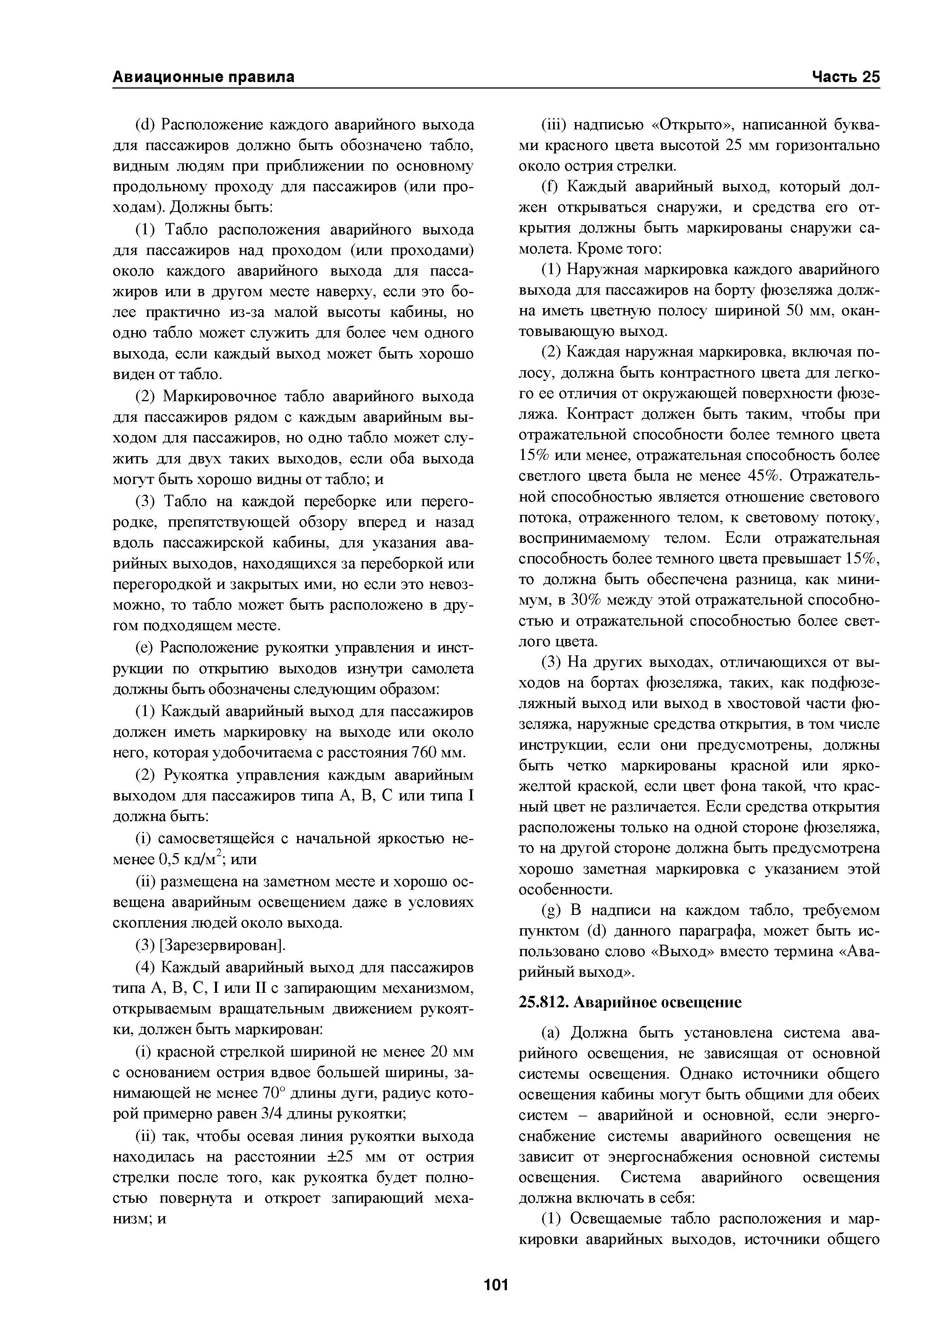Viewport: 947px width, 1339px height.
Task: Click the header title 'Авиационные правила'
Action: tap(203, 77)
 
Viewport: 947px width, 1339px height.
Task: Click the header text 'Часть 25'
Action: tap(845, 77)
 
